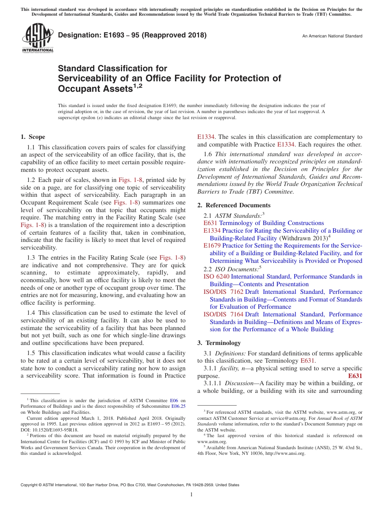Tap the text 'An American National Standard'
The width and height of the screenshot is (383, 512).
[x=332, y=36]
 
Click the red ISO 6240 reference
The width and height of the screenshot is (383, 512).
[x=216, y=277]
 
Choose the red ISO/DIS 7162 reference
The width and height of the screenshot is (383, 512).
[x=223, y=292]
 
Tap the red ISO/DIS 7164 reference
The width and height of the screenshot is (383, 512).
[x=223, y=314]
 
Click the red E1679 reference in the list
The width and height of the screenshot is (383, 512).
[x=212, y=246]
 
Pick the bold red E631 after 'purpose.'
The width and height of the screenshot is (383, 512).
[x=355, y=376]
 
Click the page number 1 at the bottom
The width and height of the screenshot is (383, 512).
[x=191, y=495]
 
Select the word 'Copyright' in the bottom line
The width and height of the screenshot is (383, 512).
[x=29, y=485]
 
